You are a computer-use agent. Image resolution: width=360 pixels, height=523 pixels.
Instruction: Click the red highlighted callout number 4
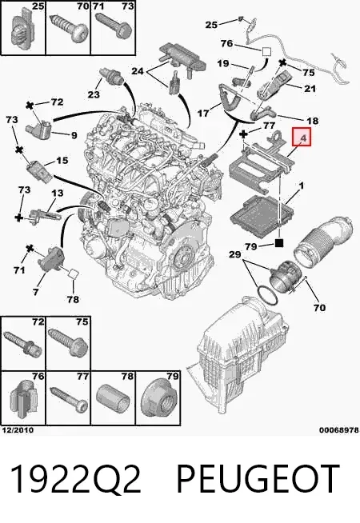point(302,137)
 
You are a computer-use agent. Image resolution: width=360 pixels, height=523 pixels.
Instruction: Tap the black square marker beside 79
point(279,243)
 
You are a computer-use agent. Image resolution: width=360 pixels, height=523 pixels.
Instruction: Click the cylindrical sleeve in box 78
point(113,397)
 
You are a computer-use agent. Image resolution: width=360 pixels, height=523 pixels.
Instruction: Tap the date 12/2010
point(18,430)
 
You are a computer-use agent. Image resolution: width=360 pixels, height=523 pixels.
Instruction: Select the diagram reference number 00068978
point(339,430)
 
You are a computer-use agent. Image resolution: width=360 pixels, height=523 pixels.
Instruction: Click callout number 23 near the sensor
point(94,94)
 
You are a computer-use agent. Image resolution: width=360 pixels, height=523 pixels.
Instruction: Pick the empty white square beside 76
point(266,52)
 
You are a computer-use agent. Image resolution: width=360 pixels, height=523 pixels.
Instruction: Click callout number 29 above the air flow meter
point(235,254)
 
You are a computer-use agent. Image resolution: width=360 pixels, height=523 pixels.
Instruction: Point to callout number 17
point(203,114)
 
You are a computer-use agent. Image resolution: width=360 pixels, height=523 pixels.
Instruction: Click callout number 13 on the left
point(57,193)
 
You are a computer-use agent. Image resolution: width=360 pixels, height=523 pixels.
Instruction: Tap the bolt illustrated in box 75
point(68,344)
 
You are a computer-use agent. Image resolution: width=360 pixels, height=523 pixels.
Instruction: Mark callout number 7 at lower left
point(36,292)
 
